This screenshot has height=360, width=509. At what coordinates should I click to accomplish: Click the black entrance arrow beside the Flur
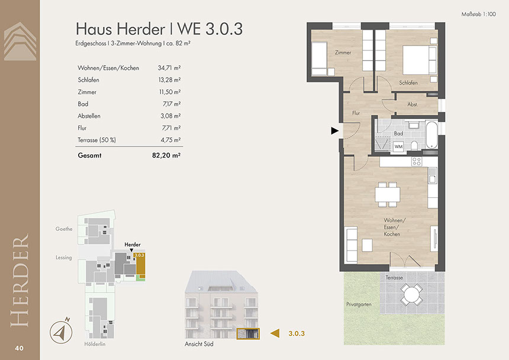334,131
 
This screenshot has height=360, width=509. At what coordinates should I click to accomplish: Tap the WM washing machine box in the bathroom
398,146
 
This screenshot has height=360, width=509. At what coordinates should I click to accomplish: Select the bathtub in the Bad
431,134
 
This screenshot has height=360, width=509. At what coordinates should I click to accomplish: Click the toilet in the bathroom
414,145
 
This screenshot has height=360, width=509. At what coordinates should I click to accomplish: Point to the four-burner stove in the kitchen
417,161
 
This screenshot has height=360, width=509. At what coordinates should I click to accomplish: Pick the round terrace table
411,295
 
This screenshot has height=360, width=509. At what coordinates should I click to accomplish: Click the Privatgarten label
359,304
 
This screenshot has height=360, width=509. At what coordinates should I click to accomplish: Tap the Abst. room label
413,105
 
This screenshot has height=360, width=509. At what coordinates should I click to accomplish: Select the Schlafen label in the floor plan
408,83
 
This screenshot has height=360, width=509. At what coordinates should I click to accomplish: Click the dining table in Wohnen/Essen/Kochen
388,194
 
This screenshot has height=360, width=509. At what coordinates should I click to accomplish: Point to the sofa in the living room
352,245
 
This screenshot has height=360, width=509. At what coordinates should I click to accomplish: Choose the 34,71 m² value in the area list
169,68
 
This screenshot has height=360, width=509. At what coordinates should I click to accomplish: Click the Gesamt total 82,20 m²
166,156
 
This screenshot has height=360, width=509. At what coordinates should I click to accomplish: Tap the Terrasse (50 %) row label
96,140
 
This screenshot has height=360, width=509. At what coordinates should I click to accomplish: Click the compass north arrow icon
61,331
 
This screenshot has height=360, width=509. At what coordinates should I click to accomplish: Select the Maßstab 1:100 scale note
478,14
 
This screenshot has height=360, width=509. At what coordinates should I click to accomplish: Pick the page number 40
19,348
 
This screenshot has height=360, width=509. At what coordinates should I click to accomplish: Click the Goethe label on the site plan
64,229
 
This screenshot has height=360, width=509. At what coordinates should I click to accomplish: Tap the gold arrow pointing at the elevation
275,333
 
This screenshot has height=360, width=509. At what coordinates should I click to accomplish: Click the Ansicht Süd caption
199,344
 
